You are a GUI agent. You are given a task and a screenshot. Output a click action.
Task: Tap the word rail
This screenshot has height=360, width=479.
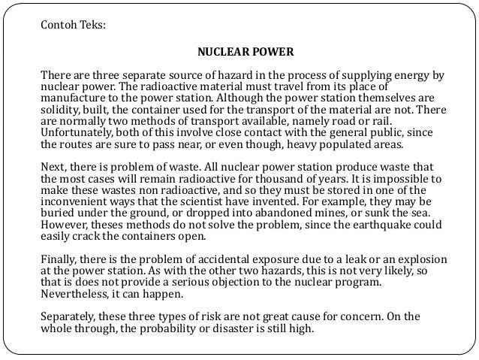[397, 122]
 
